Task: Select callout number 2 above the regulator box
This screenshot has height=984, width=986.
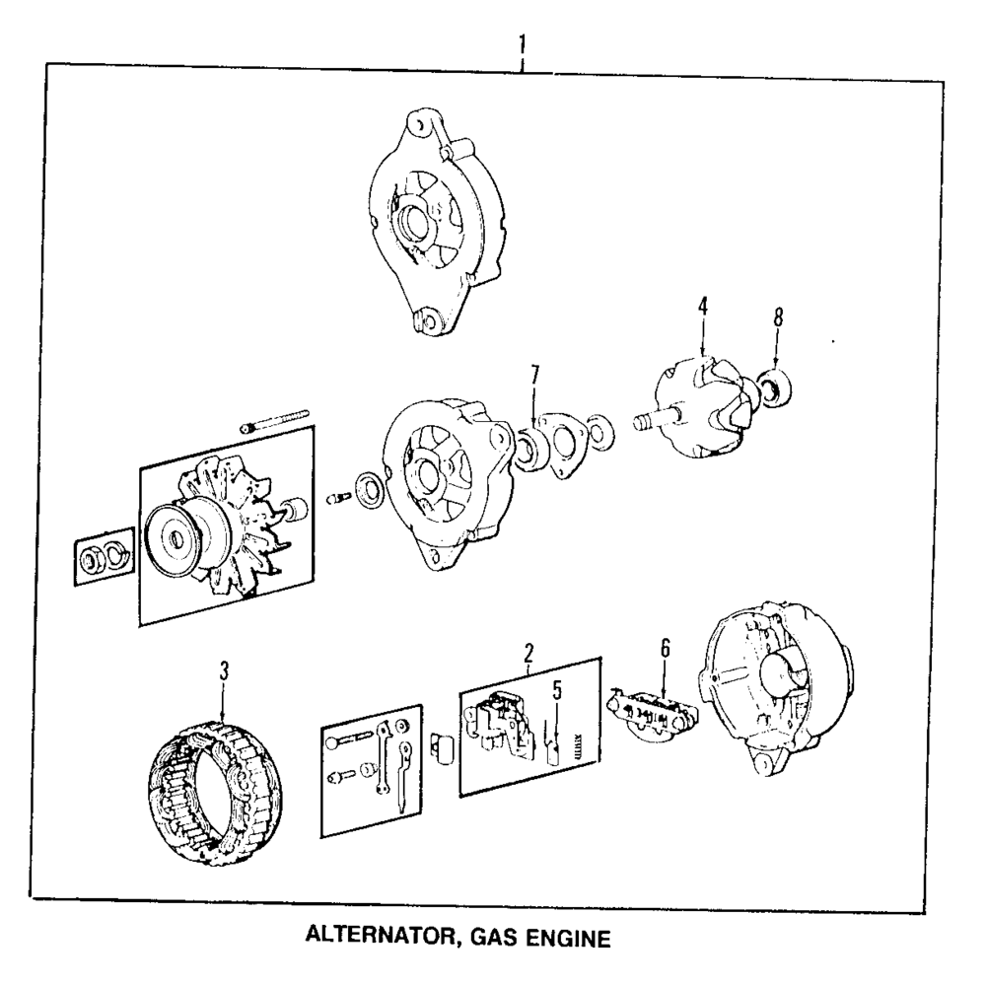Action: coord(528,653)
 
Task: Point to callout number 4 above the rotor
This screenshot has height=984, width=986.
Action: coord(702,308)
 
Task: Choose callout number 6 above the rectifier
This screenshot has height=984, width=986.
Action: coord(665,649)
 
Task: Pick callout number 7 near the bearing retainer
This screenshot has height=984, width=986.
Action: coord(534,376)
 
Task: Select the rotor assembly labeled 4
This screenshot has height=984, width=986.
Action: coord(696,411)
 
